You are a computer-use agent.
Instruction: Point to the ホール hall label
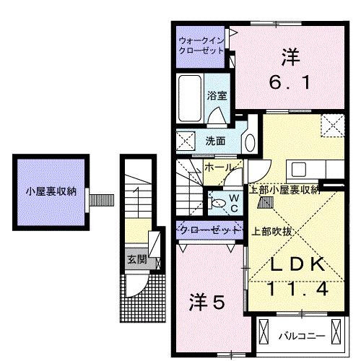(217, 168)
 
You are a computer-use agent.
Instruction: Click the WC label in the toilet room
(234, 202)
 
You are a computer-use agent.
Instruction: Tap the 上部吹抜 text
(271, 232)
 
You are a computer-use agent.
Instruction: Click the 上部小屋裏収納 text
(284, 190)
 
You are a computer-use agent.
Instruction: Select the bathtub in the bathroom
(191, 98)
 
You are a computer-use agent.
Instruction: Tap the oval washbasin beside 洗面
(249, 140)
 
